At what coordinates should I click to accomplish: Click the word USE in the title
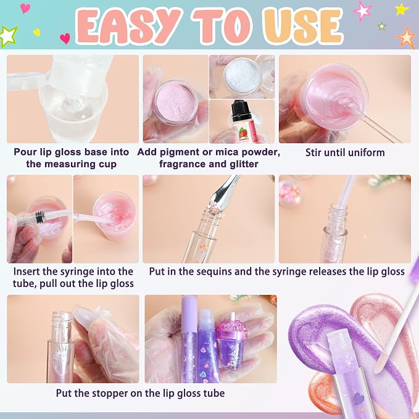[x=304, y=26]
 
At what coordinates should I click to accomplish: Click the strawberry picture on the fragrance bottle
[x=243, y=133]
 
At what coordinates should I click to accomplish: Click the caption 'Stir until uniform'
[x=345, y=152]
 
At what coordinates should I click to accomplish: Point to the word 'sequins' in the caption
[x=214, y=272]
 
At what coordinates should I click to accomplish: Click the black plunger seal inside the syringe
[x=39, y=215]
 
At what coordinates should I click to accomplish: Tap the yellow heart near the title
[x=36, y=32]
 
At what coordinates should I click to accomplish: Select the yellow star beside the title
[x=402, y=9]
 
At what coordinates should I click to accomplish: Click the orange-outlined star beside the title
[x=406, y=38]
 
